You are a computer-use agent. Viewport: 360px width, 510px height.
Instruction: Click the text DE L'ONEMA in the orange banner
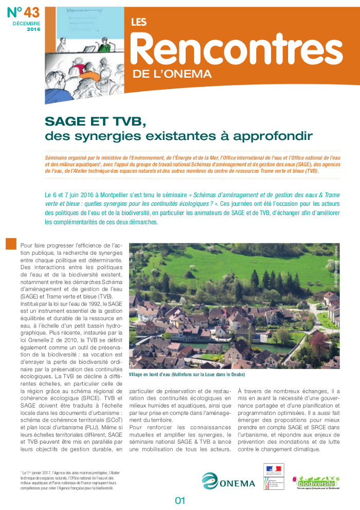pyautogui.click(x=172, y=74)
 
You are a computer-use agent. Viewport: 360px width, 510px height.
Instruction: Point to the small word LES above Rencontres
pyautogui.click(x=138, y=22)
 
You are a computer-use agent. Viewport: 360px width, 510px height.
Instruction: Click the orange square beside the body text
pyautogui.click(x=11, y=244)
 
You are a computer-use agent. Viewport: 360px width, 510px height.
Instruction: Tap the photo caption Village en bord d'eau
pyautogui.click(x=187, y=374)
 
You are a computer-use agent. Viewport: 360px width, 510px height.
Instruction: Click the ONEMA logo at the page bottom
pyautogui.click(x=228, y=481)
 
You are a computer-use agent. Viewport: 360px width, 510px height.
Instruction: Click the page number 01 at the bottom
pyautogui.click(x=179, y=500)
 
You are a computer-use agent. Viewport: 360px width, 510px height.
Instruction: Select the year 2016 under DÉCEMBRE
pyautogui.click(x=33, y=30)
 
